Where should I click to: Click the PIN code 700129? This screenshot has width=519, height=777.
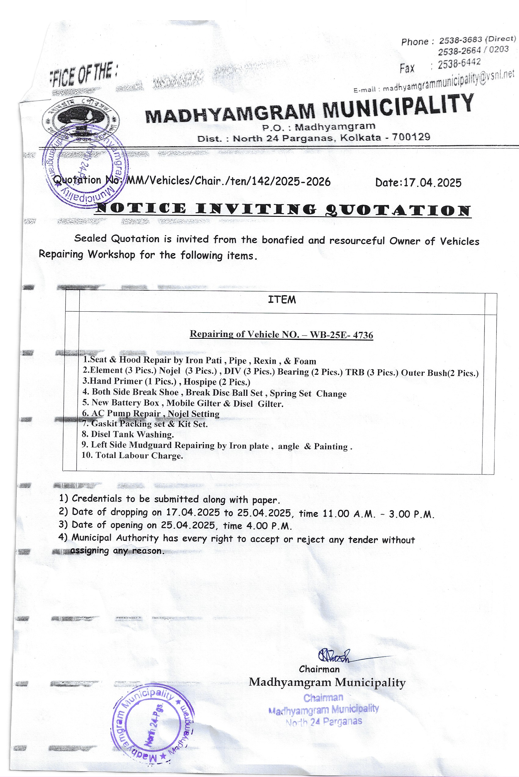point(411,137)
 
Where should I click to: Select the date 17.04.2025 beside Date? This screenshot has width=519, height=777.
point(432,183)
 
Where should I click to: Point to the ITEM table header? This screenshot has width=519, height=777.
point(282,299)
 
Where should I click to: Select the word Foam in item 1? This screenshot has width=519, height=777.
point(305,361)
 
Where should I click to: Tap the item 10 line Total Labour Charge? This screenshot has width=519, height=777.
point(132,455)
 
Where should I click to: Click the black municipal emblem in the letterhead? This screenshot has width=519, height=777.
point(80,118)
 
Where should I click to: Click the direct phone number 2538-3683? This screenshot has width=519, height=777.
point(460,40)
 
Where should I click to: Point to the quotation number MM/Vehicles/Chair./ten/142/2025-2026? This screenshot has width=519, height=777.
point(228,181)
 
